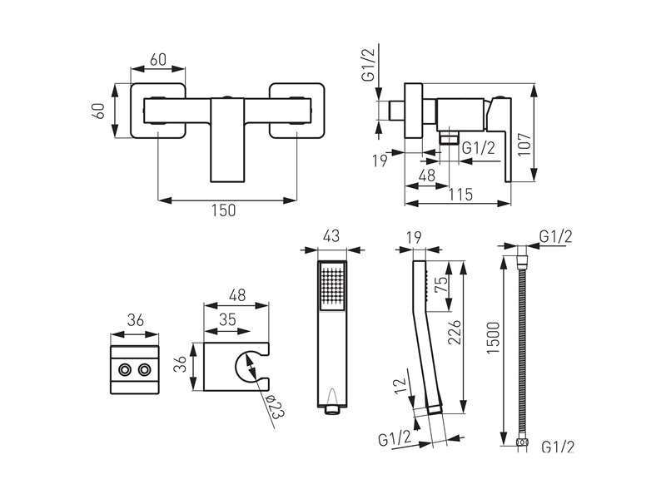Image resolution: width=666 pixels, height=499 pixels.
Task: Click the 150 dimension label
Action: [223, 210]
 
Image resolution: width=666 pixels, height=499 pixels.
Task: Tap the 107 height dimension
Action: [525, 144]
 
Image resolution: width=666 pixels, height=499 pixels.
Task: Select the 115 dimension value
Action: [461, 195]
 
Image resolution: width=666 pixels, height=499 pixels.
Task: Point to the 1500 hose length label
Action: [493, 338]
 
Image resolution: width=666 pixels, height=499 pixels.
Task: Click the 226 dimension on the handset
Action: [454, 332]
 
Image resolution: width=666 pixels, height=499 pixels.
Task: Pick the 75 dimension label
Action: [441, 284]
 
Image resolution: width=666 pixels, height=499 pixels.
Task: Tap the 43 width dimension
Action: [331, 236]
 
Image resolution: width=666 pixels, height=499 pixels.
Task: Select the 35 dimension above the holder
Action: [227, 319]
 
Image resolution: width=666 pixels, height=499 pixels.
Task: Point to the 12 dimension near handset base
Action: [400, 386]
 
